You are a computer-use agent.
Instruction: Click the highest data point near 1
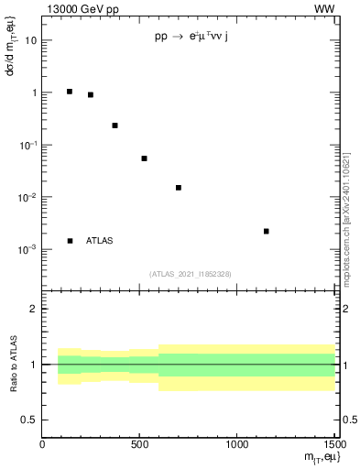(x=70, y=92)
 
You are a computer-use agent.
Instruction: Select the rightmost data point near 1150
(x=266, y=231)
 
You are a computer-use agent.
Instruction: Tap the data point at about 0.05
(x=144, y=158)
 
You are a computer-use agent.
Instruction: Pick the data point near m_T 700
(x=179, y=188)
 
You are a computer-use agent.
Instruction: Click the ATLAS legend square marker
(x=70, y=241)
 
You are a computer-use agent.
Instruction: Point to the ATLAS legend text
(x=99, y=241)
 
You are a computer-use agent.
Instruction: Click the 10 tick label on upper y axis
(x=31, y=41)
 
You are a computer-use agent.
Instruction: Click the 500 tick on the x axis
(x=140, y=446)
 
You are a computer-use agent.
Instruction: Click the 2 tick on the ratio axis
(x=34, y=310)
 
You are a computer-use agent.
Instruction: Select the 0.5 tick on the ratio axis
(x=29, y=420)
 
